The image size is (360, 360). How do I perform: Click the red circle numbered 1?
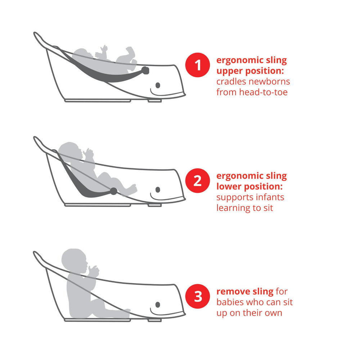pos(197,65)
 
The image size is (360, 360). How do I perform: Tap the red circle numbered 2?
pos(197,181)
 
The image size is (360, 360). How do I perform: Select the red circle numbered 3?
pos(197,296)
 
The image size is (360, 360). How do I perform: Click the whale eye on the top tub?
pos(158,85)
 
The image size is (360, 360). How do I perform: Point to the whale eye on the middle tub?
pos(158,190)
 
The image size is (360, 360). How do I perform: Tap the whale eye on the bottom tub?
pos(158,305)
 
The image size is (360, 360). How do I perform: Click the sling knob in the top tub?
pos(145,71)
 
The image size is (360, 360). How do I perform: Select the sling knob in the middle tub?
pos(113,191)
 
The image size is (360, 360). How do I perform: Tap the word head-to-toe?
pos(264,92)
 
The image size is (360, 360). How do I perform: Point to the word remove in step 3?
pos(233,292)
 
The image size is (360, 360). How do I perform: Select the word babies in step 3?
pos(230,302)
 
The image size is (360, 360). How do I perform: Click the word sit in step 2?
pos(268,208)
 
